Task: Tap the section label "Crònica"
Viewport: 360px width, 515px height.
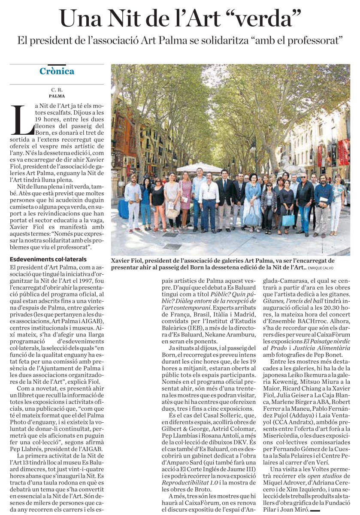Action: click(x=57, y=71)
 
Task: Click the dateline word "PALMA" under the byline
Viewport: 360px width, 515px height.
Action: click(x=57, y=96)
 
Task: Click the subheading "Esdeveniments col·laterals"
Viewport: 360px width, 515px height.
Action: click(x=48, y=260)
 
